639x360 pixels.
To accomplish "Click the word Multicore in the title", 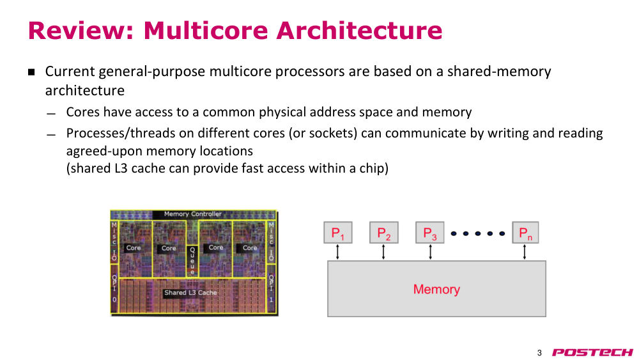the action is click(x=205, y=31).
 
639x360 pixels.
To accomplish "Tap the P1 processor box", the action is click(x=338, y=233).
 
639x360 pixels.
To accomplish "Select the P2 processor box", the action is click(x=384, y=233).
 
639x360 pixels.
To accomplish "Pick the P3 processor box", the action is click(x=430, y=233).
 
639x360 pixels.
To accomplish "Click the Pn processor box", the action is click(x=525, y=233).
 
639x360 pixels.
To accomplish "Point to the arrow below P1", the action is click(x=337, y=252).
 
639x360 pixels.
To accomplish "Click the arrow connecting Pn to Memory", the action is click(x=525, y=252).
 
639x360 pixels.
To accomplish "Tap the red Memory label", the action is click(x=436, y=289).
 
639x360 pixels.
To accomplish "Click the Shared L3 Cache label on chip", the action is click(x=190, y=292).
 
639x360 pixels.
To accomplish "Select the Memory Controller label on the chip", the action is click(x=193, y=214).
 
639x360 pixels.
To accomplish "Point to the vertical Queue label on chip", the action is click(x=192, y=261).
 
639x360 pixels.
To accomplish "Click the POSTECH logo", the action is click(x=592, y=352).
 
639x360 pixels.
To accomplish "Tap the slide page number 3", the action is click(x=539, y=353).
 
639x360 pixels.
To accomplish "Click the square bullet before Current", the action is click(x=31, y=72).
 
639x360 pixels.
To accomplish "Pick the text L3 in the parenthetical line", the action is click(x=121, y=168).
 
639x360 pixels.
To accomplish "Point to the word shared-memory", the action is click(x=499, y=72).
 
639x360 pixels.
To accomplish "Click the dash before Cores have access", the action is click(x=51, y=114).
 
